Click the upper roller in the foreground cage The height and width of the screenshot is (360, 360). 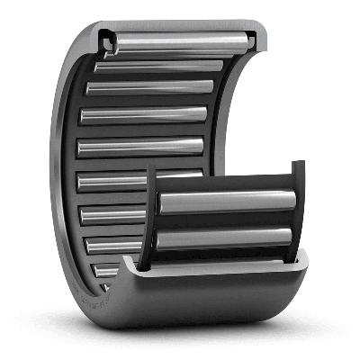[x=225, y=202]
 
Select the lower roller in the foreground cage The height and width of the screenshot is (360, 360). [x=225, y=238]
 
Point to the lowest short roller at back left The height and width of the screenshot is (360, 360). [x=106, y=270]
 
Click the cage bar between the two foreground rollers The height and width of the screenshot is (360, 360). [x=225, y=220]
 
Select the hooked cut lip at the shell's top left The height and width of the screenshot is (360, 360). [x=107, y=38]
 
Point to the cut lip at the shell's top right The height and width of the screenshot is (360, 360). [x=257, y=38]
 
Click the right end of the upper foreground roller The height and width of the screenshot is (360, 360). [x=290, y=200]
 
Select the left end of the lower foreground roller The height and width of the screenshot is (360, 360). [x=163, y=240]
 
